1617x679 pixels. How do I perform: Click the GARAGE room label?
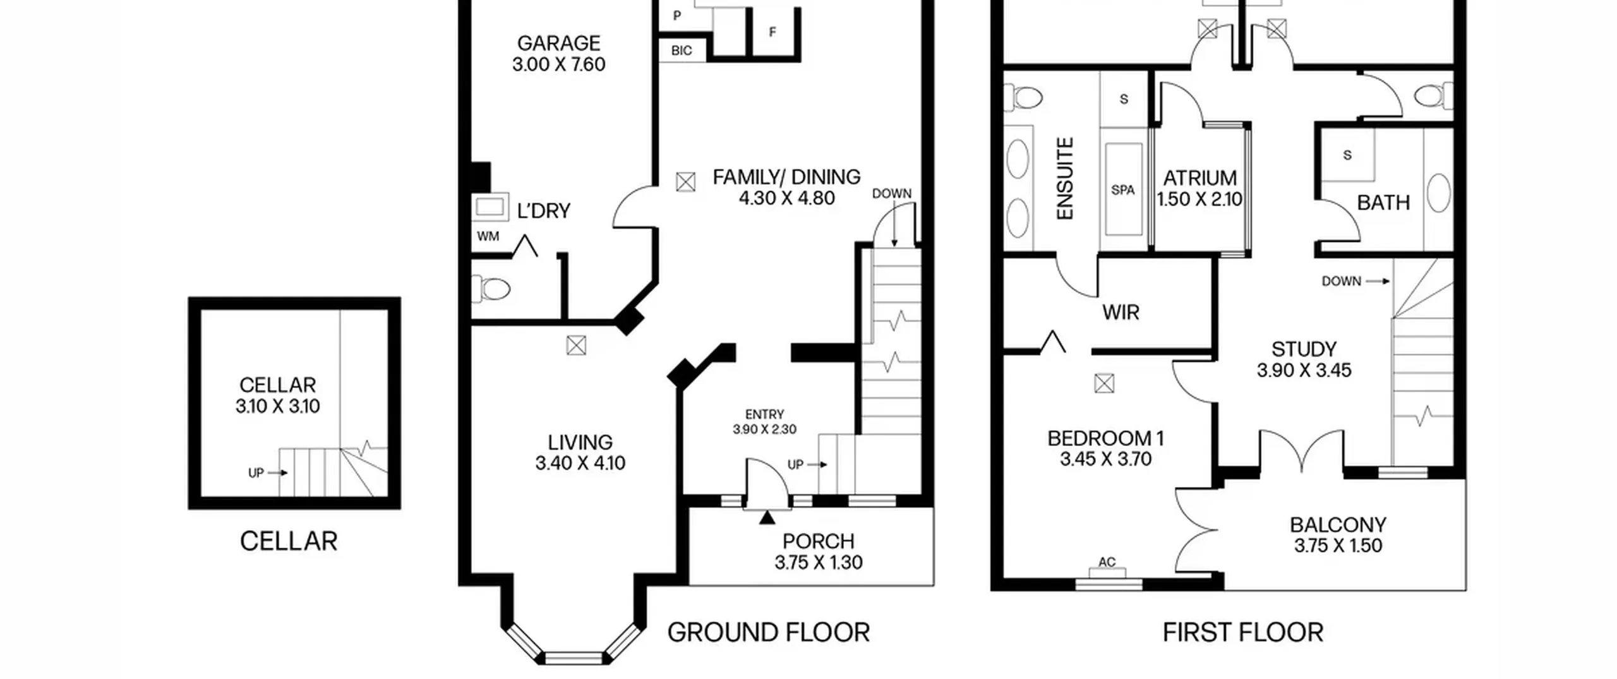558,43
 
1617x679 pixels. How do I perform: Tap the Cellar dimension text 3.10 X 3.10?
278,406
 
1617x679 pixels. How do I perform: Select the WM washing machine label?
488,236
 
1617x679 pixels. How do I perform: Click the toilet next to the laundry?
495,290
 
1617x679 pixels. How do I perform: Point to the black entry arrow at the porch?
767,518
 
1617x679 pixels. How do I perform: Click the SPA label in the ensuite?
1123,189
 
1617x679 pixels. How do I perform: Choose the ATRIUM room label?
1199,178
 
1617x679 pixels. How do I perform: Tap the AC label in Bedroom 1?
1107,562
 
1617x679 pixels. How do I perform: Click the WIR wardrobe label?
1121,312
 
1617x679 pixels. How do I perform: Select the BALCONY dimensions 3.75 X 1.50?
1338,546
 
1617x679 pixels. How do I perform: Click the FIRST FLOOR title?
1242,632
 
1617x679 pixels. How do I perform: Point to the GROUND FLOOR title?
768,632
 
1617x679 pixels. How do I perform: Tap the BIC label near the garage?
681,51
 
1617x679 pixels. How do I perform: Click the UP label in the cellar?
256,472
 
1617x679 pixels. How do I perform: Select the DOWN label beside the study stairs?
1341,281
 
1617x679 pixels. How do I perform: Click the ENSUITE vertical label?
1065,179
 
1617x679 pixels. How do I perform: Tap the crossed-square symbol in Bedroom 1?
1104,383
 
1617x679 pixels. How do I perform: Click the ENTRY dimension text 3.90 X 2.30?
764,430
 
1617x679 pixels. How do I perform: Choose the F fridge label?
772,32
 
